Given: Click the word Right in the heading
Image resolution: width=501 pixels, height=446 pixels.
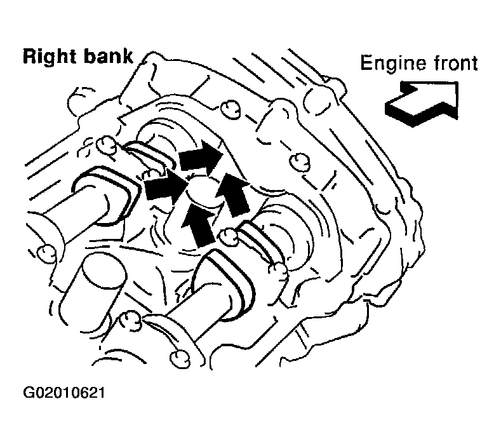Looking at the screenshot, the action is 49,57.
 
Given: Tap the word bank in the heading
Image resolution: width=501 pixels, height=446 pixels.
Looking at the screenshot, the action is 108,57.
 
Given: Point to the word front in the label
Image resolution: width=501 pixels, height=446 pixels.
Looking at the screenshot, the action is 456,63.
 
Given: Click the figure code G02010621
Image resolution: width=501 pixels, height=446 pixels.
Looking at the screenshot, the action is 64,393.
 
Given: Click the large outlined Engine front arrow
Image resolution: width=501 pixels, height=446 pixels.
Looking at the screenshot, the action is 422,103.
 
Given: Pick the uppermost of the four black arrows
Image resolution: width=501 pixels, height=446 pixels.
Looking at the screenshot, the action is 201,158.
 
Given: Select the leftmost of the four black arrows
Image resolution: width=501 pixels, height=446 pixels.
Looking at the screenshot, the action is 166,187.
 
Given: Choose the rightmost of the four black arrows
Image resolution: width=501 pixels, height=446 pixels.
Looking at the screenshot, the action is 232,194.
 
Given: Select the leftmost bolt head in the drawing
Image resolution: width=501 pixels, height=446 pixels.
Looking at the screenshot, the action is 46,254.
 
